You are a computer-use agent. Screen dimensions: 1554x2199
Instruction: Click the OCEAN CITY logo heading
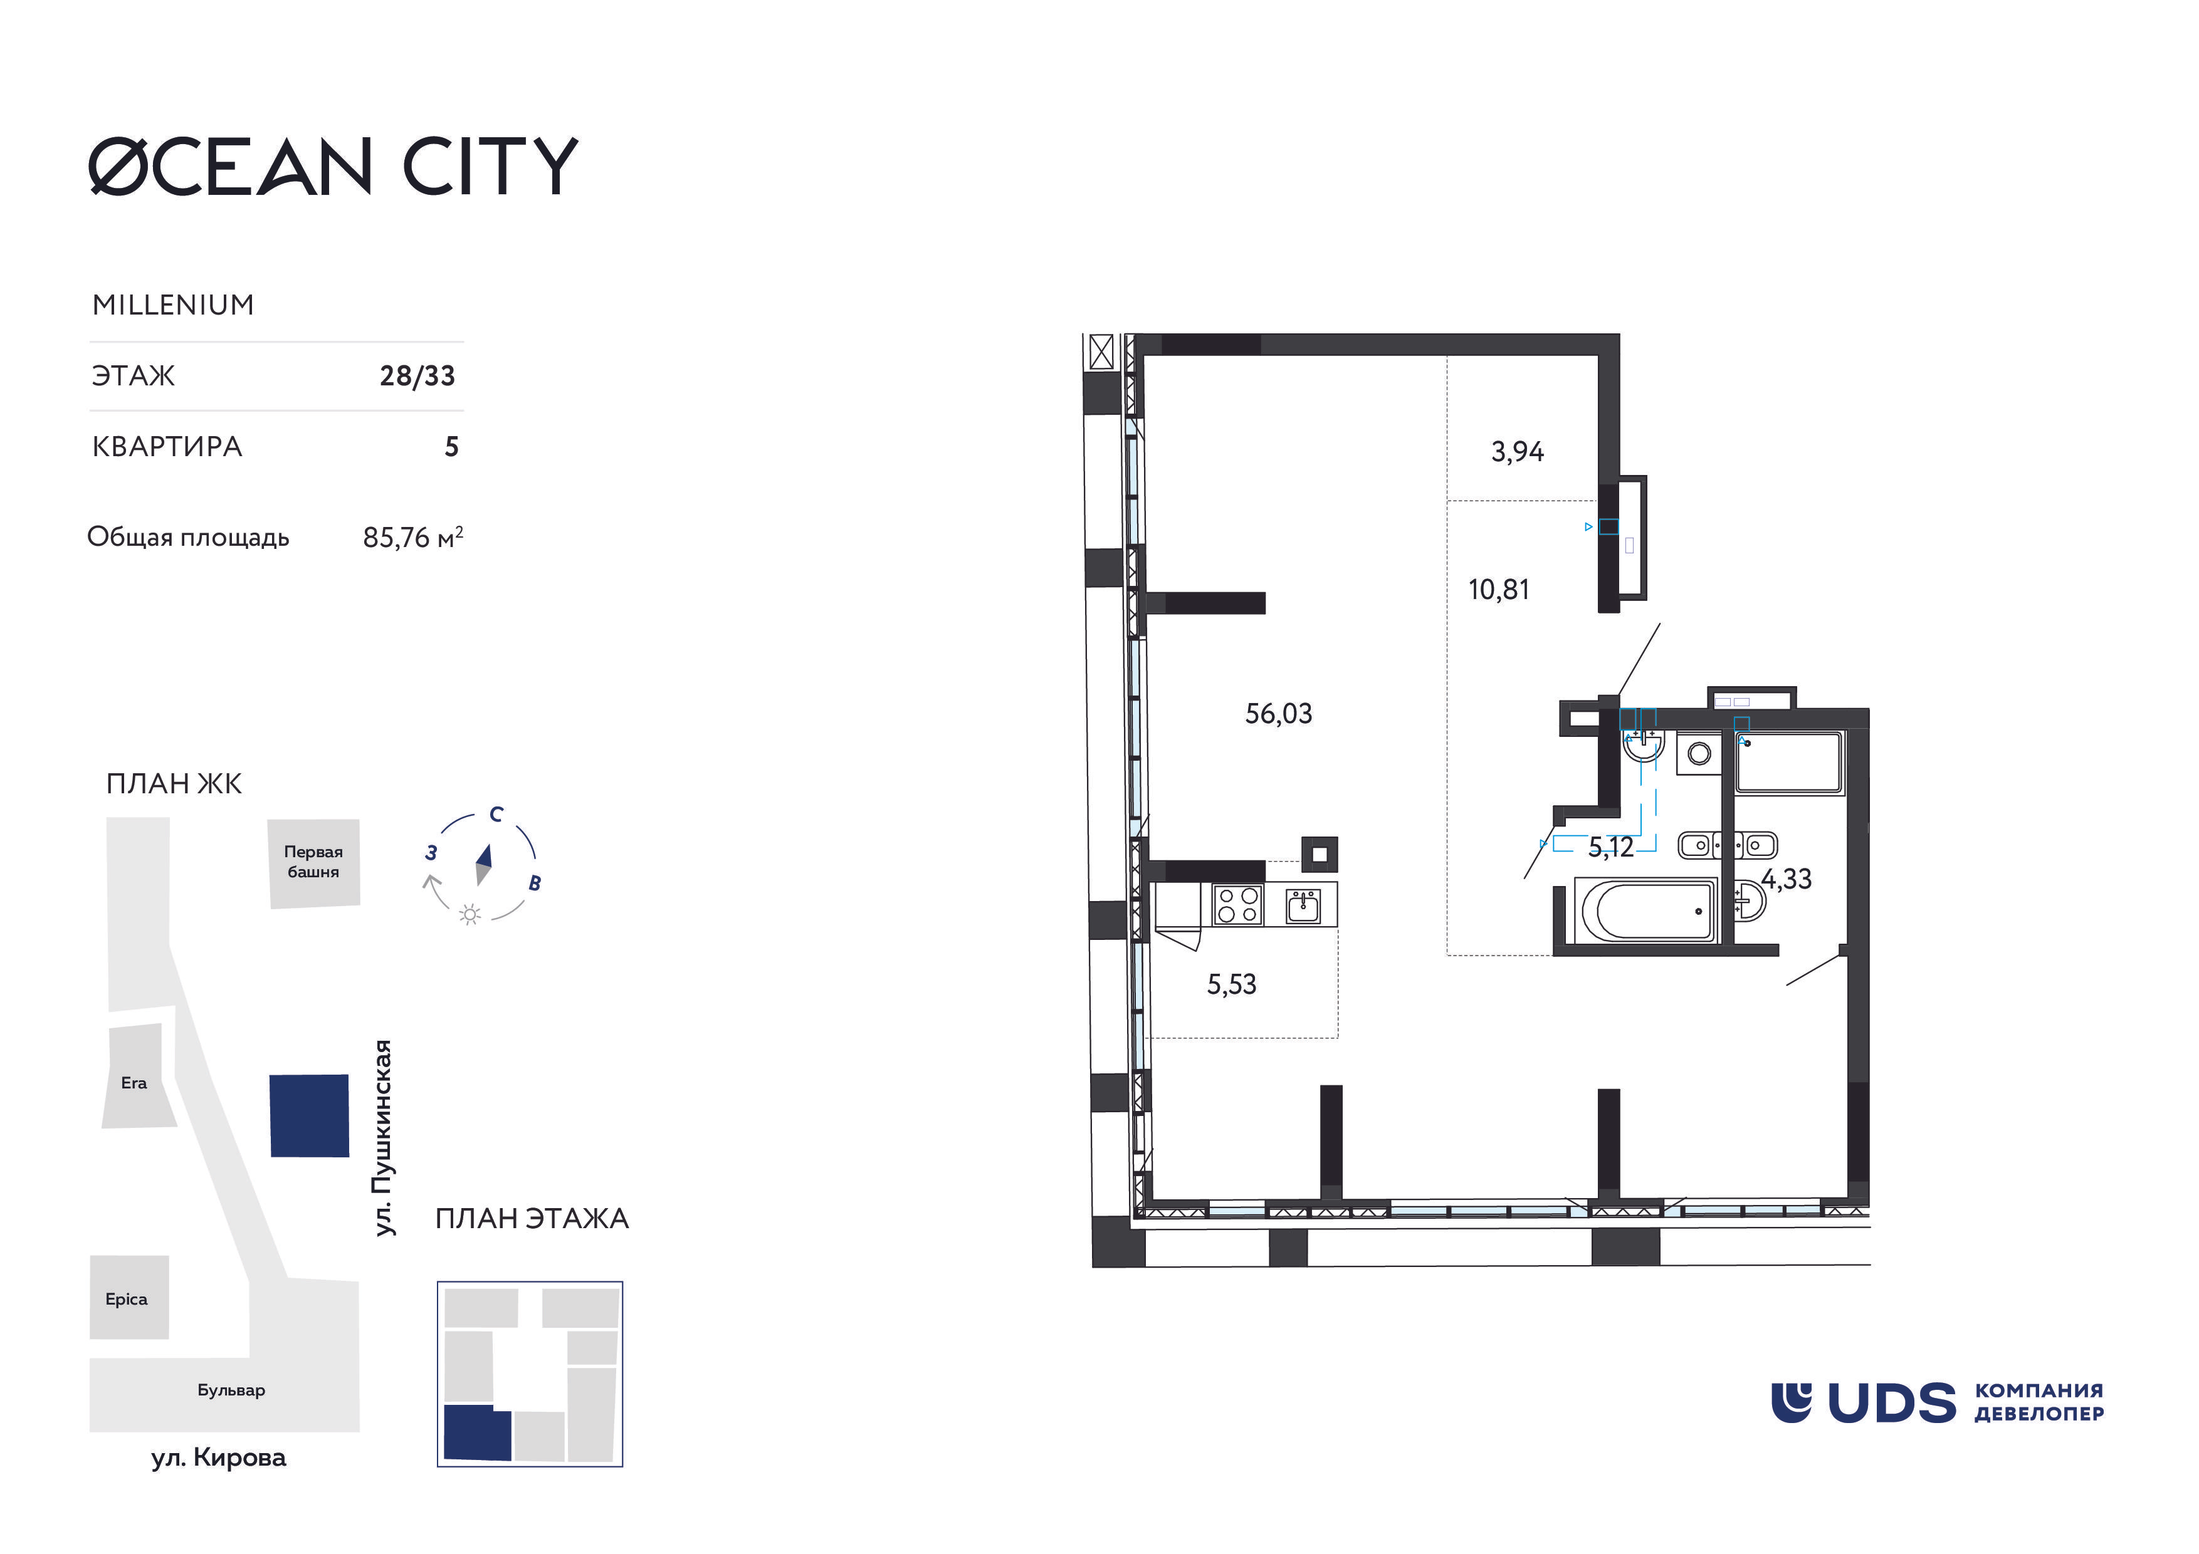333,167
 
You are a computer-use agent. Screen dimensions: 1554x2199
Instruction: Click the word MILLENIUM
174,305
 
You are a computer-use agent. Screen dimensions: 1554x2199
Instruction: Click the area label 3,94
1517,451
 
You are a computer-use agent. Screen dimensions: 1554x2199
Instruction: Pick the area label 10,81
1499,590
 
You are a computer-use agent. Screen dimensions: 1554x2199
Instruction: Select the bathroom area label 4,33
1786,879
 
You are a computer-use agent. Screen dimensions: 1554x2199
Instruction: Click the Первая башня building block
313,862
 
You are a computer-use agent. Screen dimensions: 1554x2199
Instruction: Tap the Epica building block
129,1298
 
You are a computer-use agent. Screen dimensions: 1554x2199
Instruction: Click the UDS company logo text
1892,1404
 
